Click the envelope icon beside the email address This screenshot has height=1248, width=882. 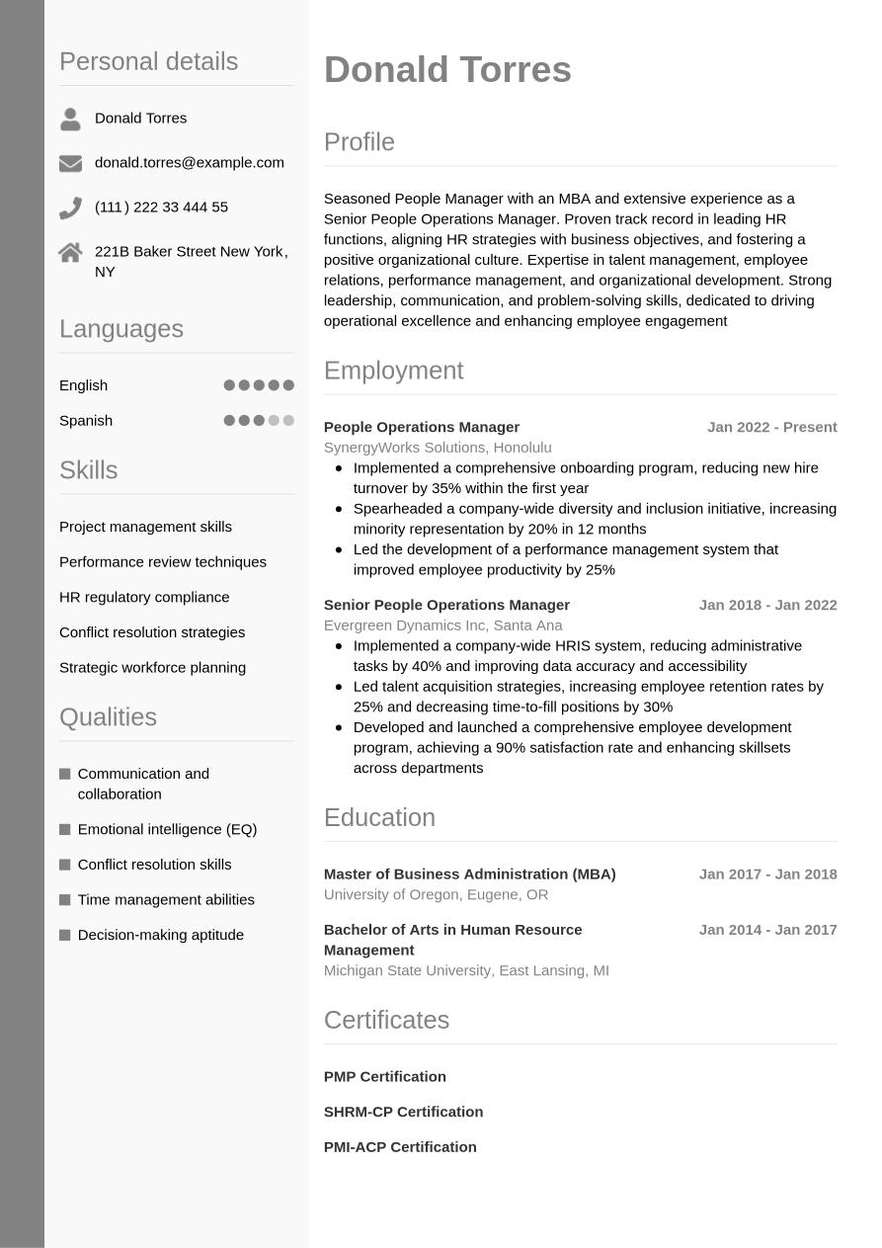point(70,163)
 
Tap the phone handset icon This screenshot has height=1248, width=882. point(70,208)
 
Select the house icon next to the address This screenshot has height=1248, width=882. point(70,253)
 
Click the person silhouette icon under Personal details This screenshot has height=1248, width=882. point(70,119)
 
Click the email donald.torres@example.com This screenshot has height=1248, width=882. point(189,162)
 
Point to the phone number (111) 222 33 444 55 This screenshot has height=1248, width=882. point(161,207)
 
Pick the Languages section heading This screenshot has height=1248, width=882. point(121,328)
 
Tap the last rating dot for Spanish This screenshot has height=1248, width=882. point(288,420)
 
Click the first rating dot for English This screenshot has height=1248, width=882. point(229,385)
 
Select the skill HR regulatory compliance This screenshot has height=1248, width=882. point(144,597)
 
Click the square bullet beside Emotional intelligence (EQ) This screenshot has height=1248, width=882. point(65,829)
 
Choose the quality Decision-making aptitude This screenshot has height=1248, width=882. point(160,935)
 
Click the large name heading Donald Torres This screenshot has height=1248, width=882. point(447,70)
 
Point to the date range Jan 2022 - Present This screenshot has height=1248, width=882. point(771,427)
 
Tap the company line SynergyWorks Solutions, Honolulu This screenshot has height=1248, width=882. point(438,448)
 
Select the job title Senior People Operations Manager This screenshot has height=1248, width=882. point(446,605)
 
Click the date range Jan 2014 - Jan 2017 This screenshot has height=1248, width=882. point(767,930)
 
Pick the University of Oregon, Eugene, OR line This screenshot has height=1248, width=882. point(436,894)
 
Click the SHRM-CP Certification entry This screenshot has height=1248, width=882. point(403,1112)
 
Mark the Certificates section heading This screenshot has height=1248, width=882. point(386,1020)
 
